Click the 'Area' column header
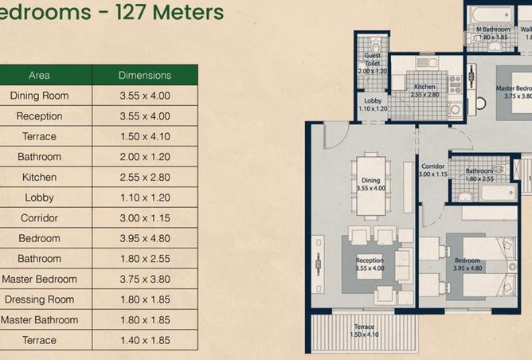[x=39, y=76]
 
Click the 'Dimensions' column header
[x=145, y=76]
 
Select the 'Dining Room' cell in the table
[x=39, y=96]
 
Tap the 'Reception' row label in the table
[x=39, y=116]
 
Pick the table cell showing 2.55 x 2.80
[x=145, y=178]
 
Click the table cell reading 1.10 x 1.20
[x=145, y=198]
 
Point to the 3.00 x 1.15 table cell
[x=145, y=218]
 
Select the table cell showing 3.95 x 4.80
[x=145, y=238]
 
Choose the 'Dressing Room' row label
[x=39, y=299]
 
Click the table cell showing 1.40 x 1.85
[x=145, y=340]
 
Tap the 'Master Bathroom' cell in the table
[x=39, y=320]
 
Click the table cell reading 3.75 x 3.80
[x=145, y=279]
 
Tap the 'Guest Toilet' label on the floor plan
[x=372, y=60]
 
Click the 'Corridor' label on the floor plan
[x=432, y=167]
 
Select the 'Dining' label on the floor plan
[x=371, y=181]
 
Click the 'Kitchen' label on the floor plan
[x=424, y=87]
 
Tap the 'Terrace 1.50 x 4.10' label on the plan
[x=364, y=330]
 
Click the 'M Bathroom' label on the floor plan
[x=492, y=30]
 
